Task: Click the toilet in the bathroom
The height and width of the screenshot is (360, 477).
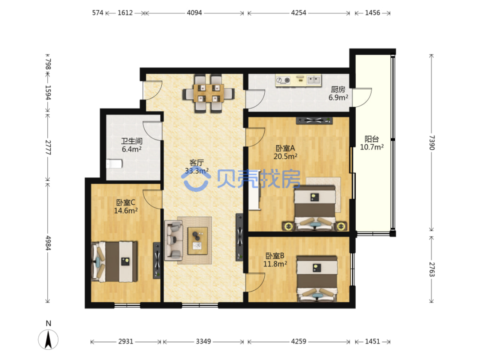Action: (x=114, y=164)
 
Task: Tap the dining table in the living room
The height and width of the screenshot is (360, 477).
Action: (x=209, y=94)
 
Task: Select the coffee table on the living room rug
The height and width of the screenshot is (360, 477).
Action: (x=197, y=241)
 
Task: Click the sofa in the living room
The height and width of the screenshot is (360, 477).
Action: (x=174, y=240)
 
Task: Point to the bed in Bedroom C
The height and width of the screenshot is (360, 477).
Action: (x=114, y=261)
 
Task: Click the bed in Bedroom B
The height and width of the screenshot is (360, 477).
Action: (x=317, y=279)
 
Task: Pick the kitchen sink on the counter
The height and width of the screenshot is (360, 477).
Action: (x=314, y=80)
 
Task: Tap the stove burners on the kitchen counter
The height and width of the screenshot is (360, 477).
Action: (x=283, y=80)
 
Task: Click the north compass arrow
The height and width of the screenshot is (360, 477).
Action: (x=48, y=340)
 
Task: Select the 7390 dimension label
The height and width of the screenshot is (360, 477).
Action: (x=431, y=143)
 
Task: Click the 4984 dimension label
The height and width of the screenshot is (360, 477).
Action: (x=48, y=243)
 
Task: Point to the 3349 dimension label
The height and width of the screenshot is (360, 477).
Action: (x=203, y=341)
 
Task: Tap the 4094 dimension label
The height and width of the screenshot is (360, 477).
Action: (x=194, y=13)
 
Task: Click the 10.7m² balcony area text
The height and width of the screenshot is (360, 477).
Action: (x=372, y=147)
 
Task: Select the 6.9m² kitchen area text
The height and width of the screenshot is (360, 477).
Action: (x=338, y=98)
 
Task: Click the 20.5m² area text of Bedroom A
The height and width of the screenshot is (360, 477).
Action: (x=286, y=157)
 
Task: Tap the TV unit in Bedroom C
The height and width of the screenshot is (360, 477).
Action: (x=157, y=260)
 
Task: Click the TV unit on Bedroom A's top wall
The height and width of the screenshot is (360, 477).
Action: (x=314, y=121)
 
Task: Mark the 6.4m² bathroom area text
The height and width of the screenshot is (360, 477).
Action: (x=131, y=149)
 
